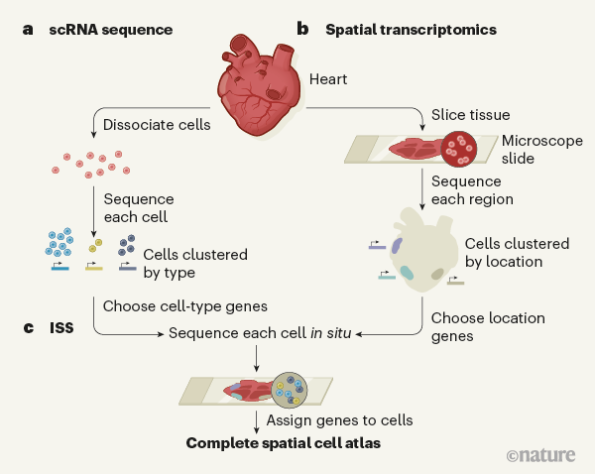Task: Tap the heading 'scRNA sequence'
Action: [x=113, y=30]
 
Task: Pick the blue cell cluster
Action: [x=60, y=244]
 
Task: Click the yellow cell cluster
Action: [x=96, y=246]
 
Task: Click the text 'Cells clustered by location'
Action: [x=517, y=253]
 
